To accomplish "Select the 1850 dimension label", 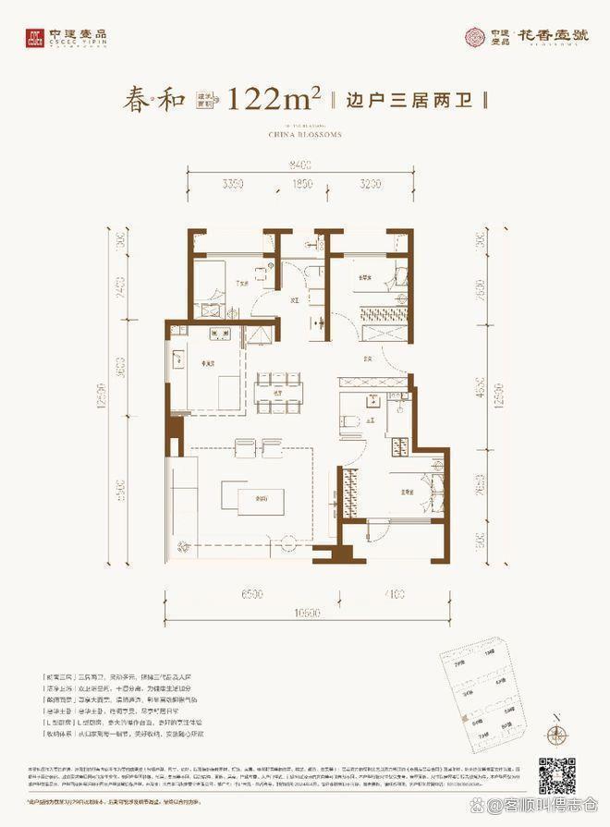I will pyautogui.click(x=299, y=185).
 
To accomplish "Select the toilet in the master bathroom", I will pyautogui.click(x=350, y=421).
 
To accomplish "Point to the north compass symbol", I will pyautogui.click(x=556, y=736).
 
